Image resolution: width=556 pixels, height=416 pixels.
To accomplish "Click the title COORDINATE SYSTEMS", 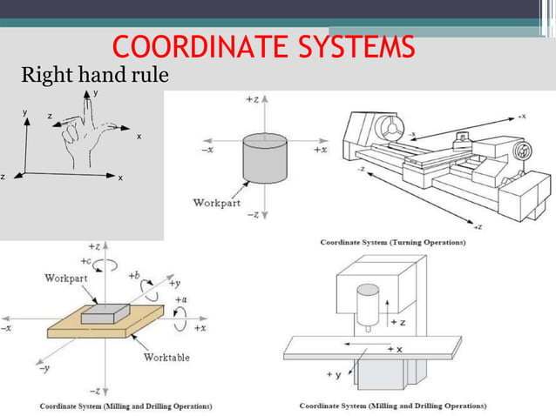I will point(264,47).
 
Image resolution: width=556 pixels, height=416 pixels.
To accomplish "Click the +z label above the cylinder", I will point(251,101).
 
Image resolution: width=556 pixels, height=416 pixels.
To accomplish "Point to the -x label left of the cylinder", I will point(207,150).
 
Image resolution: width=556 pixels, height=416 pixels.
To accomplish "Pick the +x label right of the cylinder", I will point(320,150).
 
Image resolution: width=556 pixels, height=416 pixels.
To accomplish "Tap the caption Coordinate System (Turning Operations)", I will point(392,241).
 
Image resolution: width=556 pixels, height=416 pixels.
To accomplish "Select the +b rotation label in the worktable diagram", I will point(133,275).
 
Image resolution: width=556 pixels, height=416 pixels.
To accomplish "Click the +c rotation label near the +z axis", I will point(86,261).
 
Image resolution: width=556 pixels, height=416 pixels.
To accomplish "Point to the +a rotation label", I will point(180,299).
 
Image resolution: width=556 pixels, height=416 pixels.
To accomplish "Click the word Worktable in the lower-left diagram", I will point(166,357).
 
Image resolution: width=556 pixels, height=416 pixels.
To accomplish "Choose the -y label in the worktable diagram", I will point(42,368).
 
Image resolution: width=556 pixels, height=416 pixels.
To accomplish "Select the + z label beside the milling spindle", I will point(397,322).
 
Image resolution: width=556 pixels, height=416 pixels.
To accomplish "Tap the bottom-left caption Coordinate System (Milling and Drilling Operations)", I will point(125,406).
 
